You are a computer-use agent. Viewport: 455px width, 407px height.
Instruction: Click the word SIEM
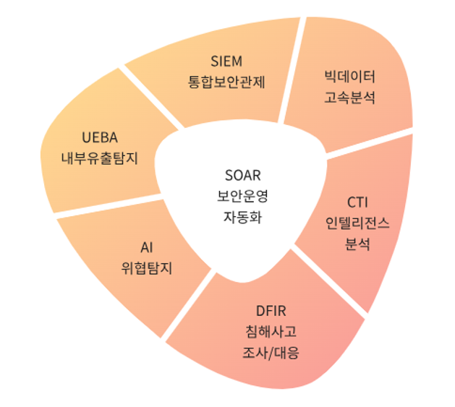tap(226, 60)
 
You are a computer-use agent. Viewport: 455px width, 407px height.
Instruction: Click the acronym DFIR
tap(271, 312)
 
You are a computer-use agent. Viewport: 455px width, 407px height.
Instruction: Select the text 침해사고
tap(271, 333)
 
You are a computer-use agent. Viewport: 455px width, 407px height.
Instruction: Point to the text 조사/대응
tap(271, 354)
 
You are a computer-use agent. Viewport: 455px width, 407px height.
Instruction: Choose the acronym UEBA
tap(100, 137)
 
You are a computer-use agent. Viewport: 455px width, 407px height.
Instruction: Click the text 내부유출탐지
tap(100, 158)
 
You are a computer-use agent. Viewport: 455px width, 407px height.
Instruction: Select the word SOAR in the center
tap(242, 176)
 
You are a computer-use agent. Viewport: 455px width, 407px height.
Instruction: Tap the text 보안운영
tap(242, 196)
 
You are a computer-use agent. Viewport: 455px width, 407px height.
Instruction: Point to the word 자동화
tap(242, 216)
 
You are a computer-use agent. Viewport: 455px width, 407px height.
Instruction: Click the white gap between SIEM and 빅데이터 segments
tap(291, 72)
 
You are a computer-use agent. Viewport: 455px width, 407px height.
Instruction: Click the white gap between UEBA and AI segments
tap(101, 204)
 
